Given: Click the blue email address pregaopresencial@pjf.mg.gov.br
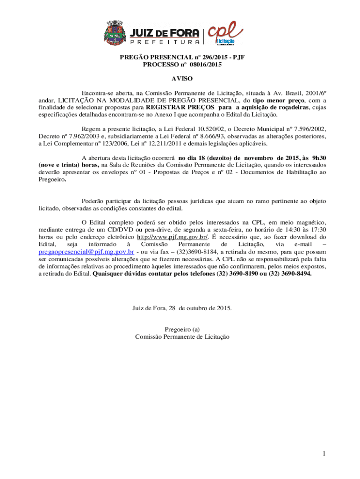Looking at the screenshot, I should point(86,252).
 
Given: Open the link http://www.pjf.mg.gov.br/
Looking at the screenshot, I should point(170,237).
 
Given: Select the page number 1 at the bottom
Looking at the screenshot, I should point(323,453).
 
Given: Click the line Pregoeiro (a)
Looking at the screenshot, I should point(182,329).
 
